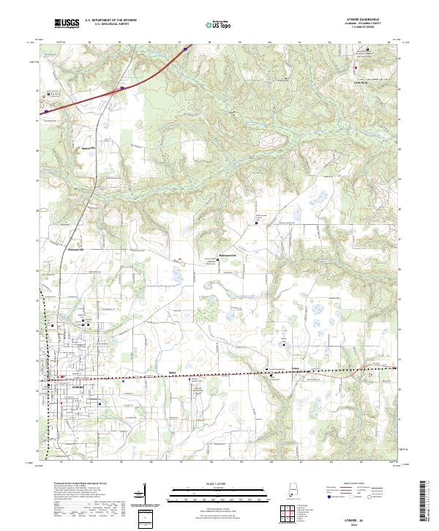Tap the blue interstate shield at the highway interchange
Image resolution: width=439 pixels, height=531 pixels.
click(123, 88)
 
